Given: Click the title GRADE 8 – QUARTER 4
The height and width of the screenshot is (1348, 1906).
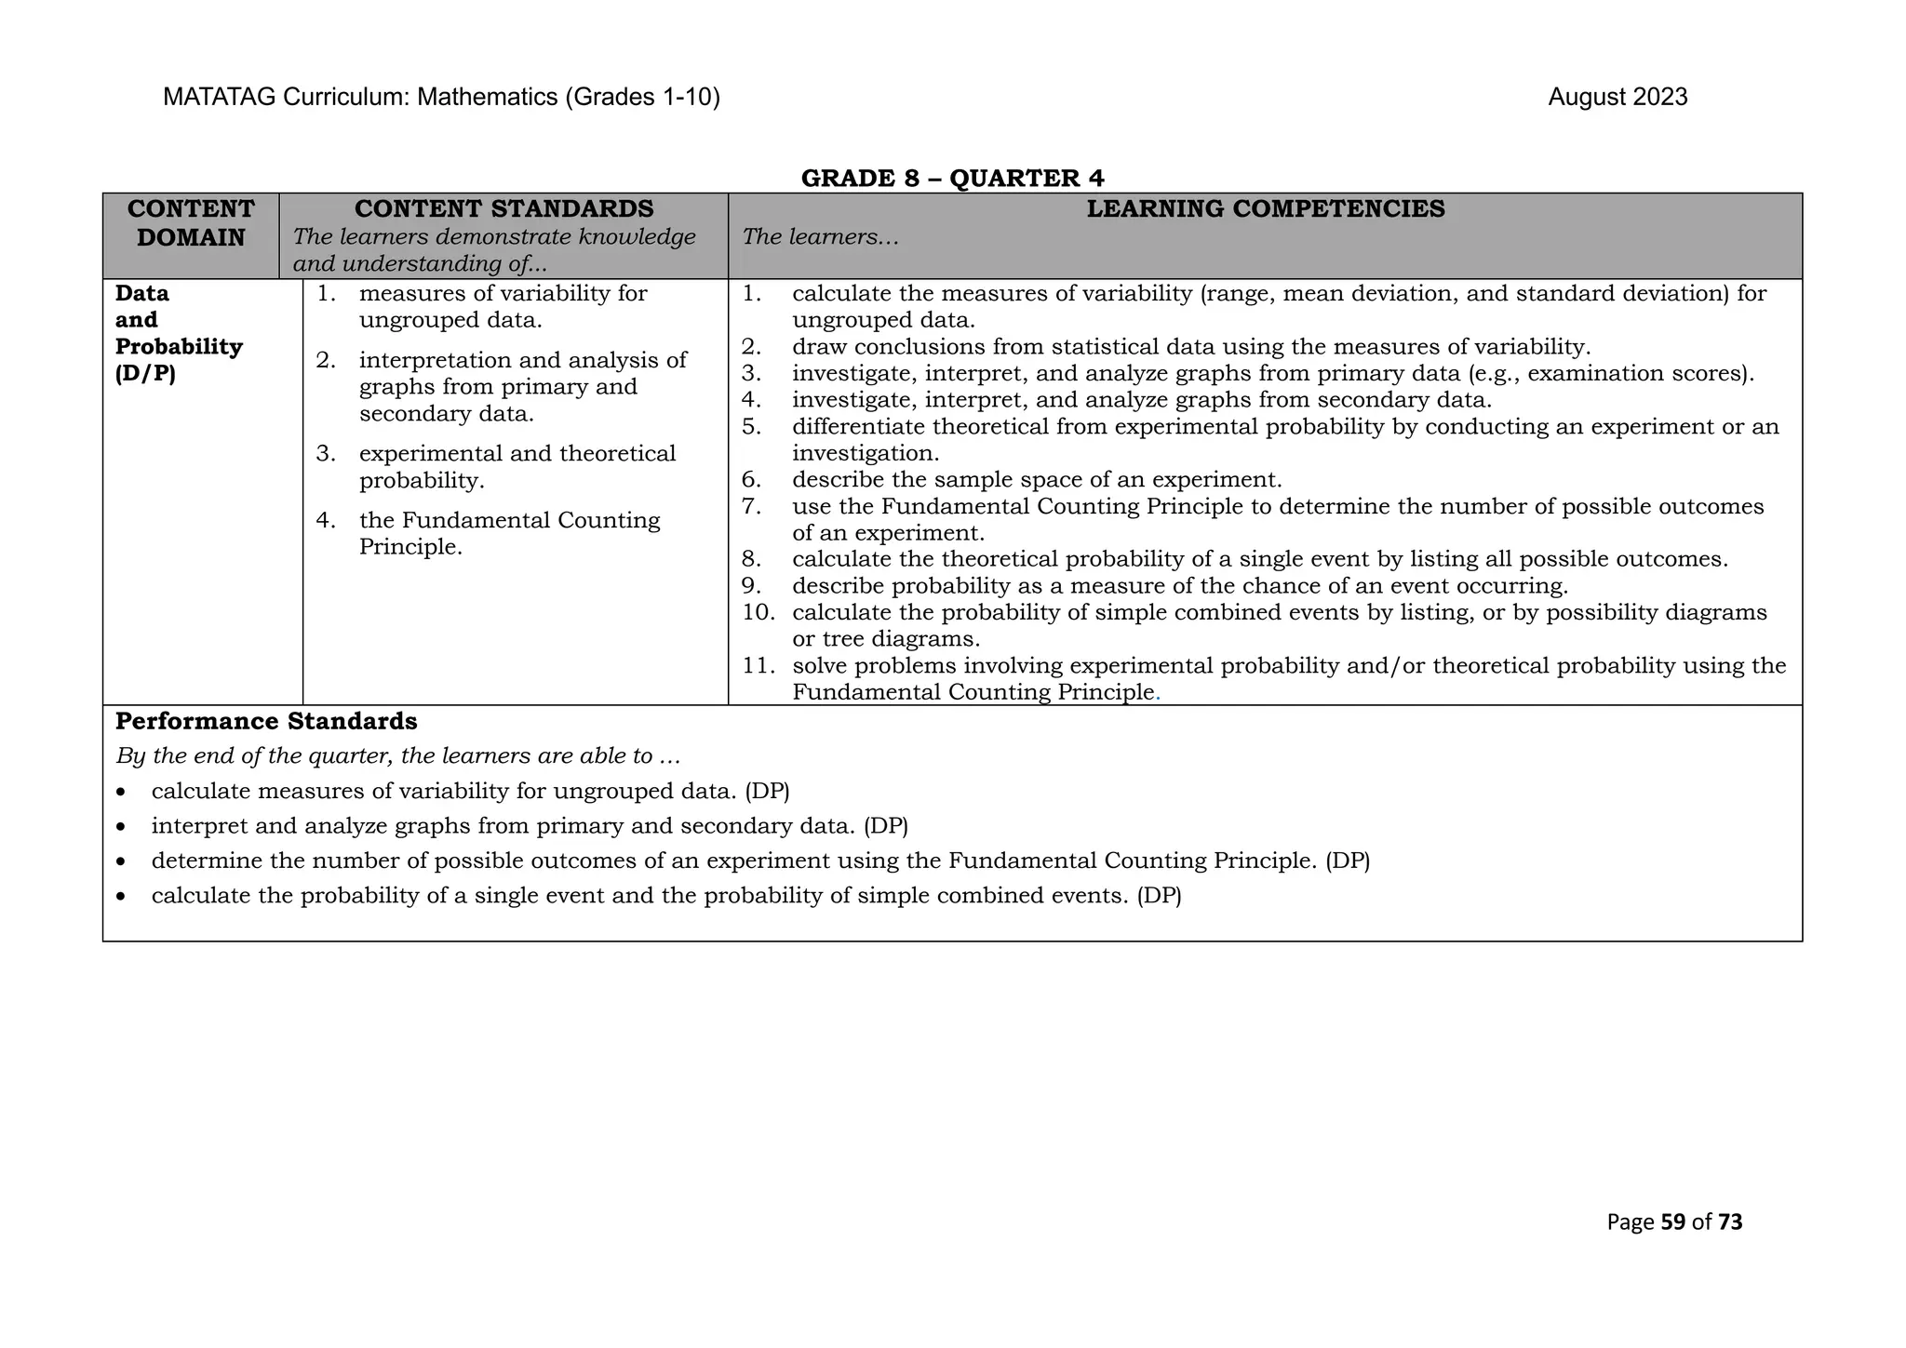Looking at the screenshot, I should (x=952, y=178).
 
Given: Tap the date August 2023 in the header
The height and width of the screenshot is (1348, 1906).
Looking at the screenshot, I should (x=1617, y=98).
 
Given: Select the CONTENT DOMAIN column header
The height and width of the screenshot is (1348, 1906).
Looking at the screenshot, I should (x=191, y=223).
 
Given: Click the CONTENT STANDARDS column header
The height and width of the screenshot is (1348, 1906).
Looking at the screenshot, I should (x=503, y=209).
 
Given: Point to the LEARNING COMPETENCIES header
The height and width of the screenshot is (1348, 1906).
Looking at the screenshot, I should (x=1265, y=209).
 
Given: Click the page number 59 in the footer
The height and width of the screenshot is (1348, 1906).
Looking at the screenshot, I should (x=1672, y=1222).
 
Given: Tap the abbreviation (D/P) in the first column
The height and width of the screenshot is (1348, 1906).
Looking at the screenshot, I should (x=145, y=373).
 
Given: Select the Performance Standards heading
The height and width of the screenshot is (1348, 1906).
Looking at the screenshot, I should (x=266, y=721).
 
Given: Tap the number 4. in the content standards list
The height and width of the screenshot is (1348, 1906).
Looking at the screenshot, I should (x=325, y=520).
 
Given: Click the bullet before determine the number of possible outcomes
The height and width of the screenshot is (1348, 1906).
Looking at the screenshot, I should (x=122, y=861).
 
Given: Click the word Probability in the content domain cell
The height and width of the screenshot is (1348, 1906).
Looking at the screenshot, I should (x=179, y=347).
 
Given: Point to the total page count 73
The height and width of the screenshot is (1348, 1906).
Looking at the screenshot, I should (x=1730, y=1222).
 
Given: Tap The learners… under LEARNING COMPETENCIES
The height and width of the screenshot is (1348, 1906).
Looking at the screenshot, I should (x=820, y=237).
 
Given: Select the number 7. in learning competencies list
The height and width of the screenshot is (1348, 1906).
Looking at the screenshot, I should (x=752, y=507).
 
